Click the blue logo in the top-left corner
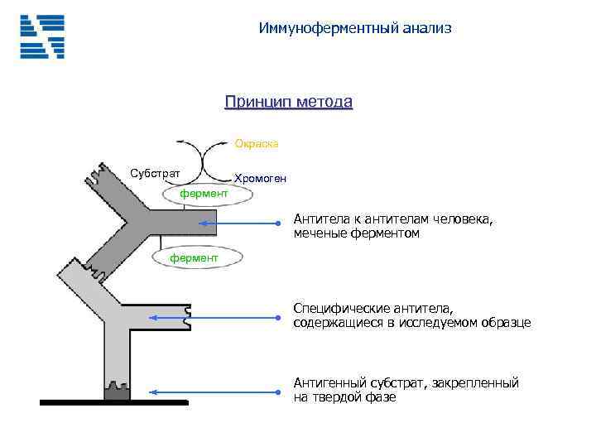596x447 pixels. [42, 36]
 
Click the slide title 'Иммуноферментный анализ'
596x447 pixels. [355, 29]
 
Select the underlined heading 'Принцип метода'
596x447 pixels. [288, 102]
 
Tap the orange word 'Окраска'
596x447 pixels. [257, 144]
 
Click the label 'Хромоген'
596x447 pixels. [261, 178]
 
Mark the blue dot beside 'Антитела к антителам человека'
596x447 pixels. [279, 223]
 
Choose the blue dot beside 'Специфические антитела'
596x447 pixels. [279, 317]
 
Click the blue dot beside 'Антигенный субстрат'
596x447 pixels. [279, 392]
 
